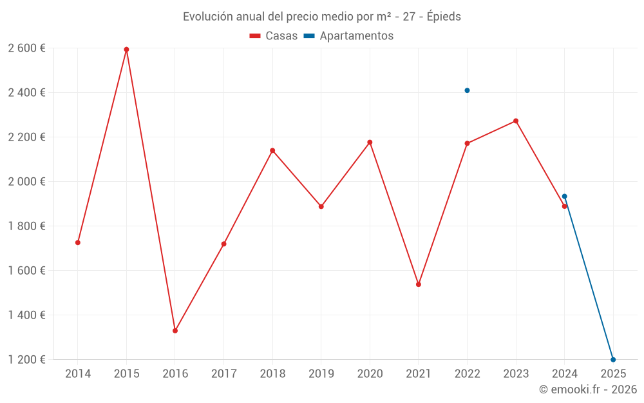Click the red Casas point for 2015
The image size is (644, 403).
coord(126,50)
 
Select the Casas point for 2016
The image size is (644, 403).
coord(175,331)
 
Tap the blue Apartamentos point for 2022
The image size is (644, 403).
coord(467,90)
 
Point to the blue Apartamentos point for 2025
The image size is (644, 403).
coord(613,360)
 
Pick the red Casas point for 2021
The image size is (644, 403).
coord(419,284)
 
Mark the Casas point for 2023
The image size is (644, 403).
coord(516,121)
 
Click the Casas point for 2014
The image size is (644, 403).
coord(78,242)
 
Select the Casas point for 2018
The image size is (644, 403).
coord(272,151)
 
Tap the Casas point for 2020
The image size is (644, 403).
coord(370,143)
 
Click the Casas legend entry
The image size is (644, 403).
coord(274,36)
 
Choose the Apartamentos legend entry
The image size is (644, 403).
coord(348,36)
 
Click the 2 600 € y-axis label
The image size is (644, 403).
coord(26,48)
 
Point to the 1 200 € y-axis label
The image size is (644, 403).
coord(26,360)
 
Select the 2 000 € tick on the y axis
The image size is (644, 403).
coord(26,182)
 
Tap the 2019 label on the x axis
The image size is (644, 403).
coord(321,374)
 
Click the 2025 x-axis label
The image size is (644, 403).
coord(613,374)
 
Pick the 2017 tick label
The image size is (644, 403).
coord(223,374)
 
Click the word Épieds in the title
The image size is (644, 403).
coord(444,17)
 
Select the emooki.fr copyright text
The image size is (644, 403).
coord(588,389)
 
